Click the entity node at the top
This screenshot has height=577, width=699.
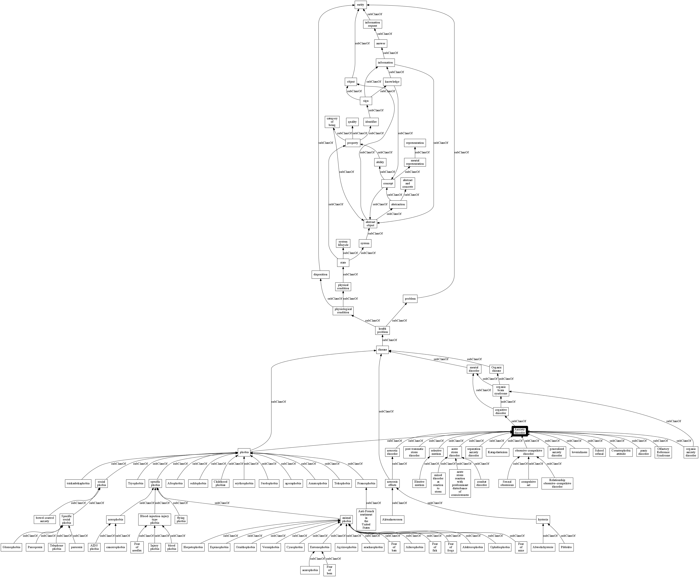click(x=360, y=5)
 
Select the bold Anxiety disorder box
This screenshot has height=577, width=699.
click(x=520, y=431)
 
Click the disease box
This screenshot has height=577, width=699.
click(x=382, y=350)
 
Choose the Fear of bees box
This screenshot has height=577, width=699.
click(x=329, y=570)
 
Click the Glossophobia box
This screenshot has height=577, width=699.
click(x=11, y=547)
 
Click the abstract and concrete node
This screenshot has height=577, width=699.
click(x=408, y=184)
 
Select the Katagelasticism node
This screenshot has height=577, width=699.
click(x=497, y=452)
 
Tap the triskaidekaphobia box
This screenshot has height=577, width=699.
click(x=78, y=483)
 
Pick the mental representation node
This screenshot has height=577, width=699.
click(x=415, y=162)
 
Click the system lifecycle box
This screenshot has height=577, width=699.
click(x=343, y=243)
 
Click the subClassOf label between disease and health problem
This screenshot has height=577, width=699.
click(x=390, y=340)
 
